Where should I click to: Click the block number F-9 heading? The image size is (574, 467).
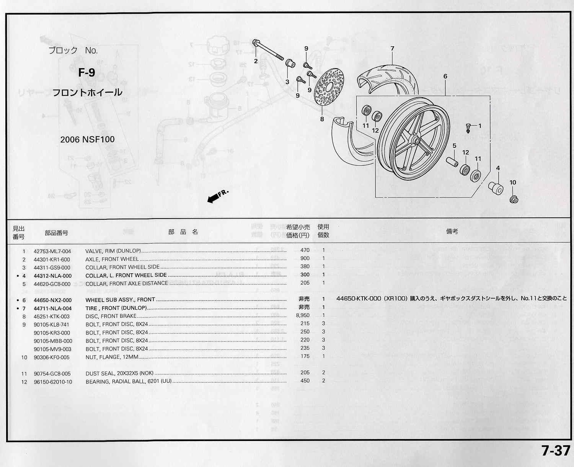[86, 72]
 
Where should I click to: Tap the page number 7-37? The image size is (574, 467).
[556, 451]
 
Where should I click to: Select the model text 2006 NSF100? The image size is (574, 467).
[87, 139]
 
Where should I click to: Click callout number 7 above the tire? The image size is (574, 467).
[392, 49]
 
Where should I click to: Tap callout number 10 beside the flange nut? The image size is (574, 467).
[513, 183]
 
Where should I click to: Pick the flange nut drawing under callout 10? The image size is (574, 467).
[514, 199]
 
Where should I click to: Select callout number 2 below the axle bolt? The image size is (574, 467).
[256, 61]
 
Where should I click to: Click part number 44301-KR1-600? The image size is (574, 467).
[52, 259]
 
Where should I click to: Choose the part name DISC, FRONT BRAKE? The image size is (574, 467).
[111, 317]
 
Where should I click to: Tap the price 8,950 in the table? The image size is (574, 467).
[302, 315]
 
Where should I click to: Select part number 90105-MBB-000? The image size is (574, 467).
[53, 341]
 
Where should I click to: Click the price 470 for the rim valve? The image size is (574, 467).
[305, 250]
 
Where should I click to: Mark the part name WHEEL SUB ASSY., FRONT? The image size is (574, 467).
[120, 300]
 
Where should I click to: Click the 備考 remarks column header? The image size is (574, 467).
[452, 232]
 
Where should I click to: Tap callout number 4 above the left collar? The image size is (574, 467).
[498, 168]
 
